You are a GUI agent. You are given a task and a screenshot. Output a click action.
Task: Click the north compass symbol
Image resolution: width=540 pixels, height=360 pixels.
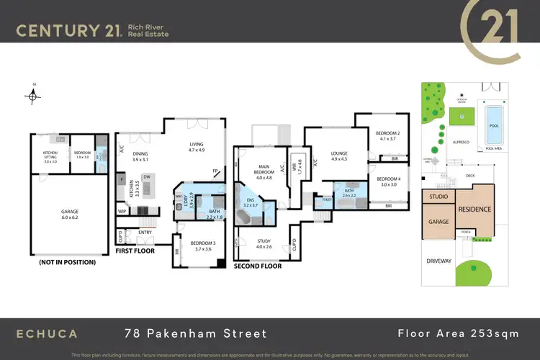pos(32,94)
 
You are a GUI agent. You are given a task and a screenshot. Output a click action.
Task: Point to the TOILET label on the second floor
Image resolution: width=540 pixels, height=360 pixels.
pos(327,199)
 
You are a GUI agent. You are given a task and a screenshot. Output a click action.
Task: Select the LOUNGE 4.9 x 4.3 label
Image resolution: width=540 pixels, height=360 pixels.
pos(338,156)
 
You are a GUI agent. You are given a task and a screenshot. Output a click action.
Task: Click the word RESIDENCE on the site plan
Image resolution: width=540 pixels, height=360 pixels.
pos(474,210)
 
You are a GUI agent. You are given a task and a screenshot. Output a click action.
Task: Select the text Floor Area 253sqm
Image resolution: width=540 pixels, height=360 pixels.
pos(458,333)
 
